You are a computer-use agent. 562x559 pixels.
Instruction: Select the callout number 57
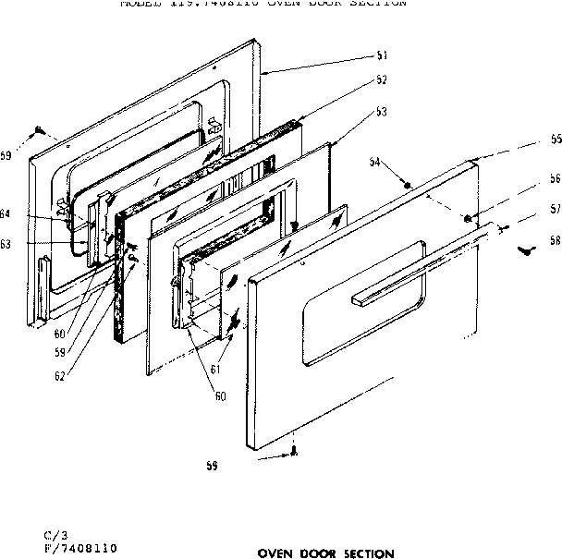pos(555,210)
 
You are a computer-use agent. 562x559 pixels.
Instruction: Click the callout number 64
pos(6,214)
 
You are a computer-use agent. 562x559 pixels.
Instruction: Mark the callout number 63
pos(6,245)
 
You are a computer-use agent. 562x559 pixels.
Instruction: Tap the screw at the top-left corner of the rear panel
pos(40,131)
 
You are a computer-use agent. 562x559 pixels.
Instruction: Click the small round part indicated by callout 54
pos(408,185)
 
